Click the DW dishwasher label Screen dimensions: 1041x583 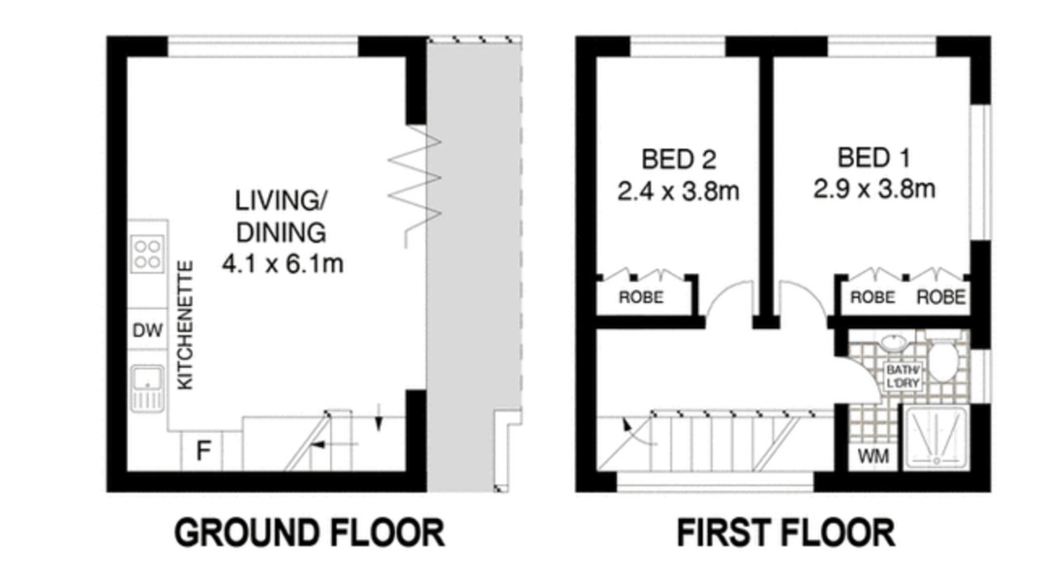pos(147,330)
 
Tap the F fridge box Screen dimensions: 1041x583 pos(202,450)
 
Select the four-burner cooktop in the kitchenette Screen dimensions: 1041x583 pos(148,253)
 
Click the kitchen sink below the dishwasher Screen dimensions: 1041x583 pos(147,389)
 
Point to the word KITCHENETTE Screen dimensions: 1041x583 pos(185,326)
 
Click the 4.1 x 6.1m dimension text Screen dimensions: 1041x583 pos(283,264)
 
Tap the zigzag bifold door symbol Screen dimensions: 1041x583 pos(414,186)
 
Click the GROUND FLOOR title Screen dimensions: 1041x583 pos(309,533)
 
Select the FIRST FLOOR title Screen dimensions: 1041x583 pos(786,533)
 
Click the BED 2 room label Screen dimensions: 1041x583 pos(678,160)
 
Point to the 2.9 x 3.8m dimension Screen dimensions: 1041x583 pos(873,189)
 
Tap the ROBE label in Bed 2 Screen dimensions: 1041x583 pos(641,297)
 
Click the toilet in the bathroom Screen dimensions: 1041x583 pos(942,359)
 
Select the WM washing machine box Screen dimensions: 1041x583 pos(873,456)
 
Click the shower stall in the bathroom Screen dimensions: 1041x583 pos(936,436)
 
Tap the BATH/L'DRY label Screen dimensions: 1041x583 pos(903,377)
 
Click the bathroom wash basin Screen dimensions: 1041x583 pos(893,343)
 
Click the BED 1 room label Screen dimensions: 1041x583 pos(873,158)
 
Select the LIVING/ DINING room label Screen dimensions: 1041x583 pos(282,217)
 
